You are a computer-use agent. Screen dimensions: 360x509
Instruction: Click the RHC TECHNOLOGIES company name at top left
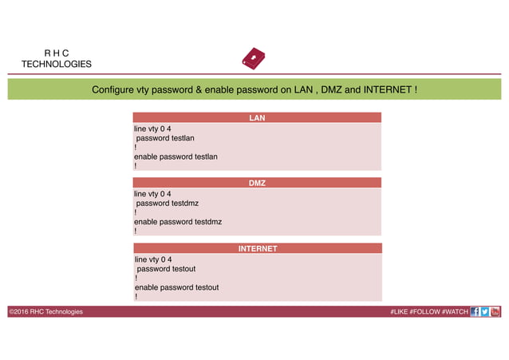point(56,58)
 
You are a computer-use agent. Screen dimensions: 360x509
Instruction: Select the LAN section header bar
point(257,118)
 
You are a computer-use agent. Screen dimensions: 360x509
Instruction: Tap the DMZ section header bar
point(257,183)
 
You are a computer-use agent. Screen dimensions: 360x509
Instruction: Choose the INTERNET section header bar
point(257,248)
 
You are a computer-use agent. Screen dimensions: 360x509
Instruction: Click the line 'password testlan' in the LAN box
point(166,137)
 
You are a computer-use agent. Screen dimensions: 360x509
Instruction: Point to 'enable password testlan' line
point(176,156)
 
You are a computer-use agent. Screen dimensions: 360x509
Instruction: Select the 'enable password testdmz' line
point(177,221)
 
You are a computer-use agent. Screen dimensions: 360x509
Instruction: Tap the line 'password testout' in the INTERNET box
point(167,269)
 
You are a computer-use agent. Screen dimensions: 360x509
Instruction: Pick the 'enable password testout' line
point(176,287)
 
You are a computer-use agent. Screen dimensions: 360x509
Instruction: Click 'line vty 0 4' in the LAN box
point(152,128)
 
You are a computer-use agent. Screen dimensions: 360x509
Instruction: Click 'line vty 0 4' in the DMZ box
point(152,193)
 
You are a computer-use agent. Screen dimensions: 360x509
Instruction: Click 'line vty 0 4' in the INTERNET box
point(153,259)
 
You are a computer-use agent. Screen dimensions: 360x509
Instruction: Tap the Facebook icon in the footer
point(475,311)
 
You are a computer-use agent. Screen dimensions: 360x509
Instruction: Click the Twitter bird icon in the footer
point(485,311)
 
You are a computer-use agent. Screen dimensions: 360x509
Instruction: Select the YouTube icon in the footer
point(495,311)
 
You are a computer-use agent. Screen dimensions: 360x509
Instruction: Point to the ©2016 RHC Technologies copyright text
point(45,311)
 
